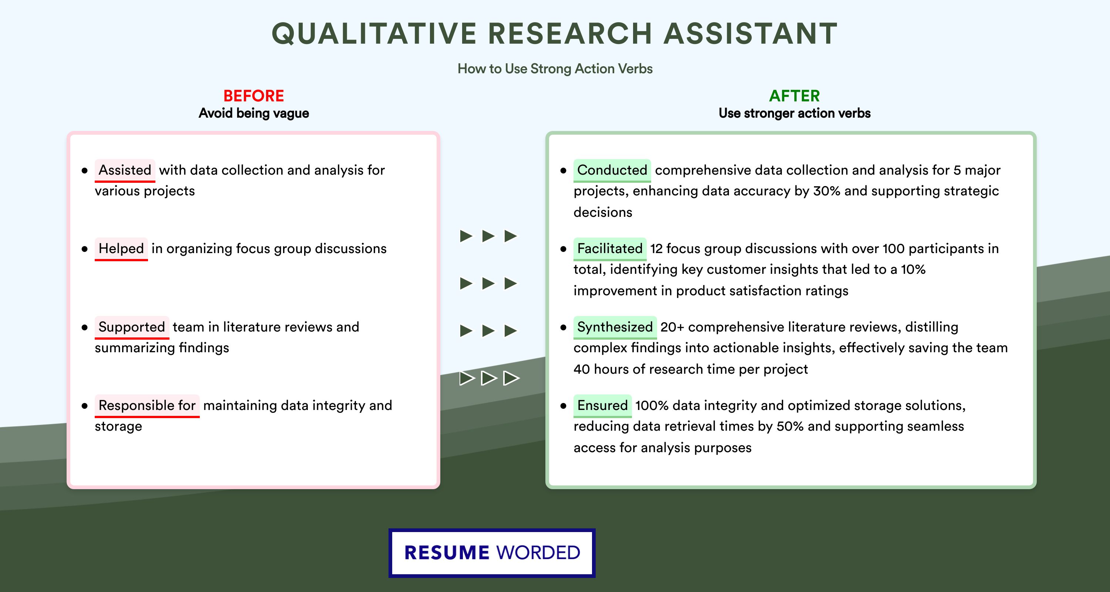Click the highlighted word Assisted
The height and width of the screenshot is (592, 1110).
click(x=125, y=170)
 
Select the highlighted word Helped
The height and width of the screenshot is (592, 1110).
click(x=121, y=249)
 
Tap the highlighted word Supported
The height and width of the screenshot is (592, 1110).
click(x=132, y=327)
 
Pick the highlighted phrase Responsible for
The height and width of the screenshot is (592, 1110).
click(x=147, y=406)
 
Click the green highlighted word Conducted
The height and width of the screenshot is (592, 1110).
click(x=612, y=170)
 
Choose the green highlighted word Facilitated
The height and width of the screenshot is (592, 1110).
click(x=610, y=249)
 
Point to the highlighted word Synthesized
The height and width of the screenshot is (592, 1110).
click(x=615, y=327)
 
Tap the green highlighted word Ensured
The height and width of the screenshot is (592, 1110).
click(x=602, y=406)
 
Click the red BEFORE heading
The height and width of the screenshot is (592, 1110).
click(x=254, y=96)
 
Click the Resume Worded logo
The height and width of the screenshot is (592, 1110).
click(x=492, y=553)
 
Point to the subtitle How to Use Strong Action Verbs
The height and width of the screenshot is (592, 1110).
click(x=555, y=68)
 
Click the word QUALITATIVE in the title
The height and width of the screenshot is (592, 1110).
click(x=374, y=34)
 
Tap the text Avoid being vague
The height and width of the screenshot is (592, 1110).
click(x=254, y=113)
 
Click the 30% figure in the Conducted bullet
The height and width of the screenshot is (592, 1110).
click(x=827, y=191)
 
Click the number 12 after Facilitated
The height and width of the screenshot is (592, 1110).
click(x=656, y=249)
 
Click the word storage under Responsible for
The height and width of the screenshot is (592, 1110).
click(x=118, y=427)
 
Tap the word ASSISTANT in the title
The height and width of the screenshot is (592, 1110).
click(x=751, y=34)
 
